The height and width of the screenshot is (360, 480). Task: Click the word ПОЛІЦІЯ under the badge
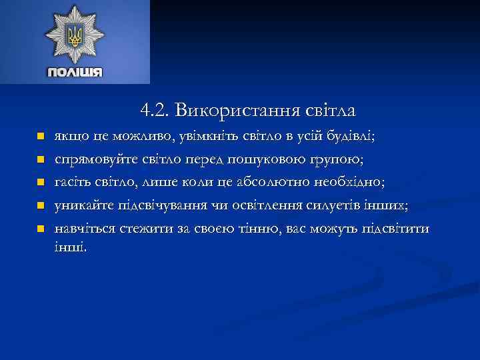pyautogui.click(x=75, y=71)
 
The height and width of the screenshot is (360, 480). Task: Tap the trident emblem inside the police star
pyautogui.click(x=75, y=35)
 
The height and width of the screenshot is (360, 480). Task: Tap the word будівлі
pyautogui.click(x=351, y=137)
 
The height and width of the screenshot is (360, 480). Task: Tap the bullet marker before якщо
pyautogui.click(x=40, y=137)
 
